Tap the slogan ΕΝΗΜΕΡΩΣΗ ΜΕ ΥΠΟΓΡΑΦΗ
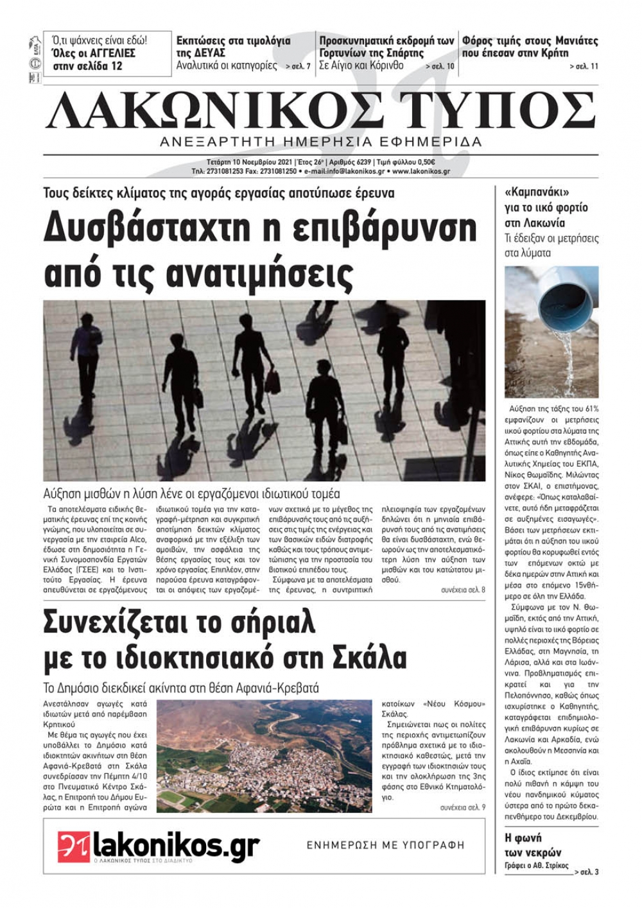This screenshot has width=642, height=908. (x=385, y=845)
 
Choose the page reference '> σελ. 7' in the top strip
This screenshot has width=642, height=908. (x=298, y=66)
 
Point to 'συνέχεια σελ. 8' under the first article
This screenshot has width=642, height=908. (x=463, y=590)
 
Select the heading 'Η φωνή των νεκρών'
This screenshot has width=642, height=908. (x=533, y=845)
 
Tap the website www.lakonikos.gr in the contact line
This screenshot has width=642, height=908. (x=421, y=172)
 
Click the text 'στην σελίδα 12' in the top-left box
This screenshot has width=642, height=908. (x=87, y=65)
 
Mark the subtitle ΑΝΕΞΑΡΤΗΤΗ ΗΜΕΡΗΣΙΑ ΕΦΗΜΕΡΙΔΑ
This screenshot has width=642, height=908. (x=320, y=142)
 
